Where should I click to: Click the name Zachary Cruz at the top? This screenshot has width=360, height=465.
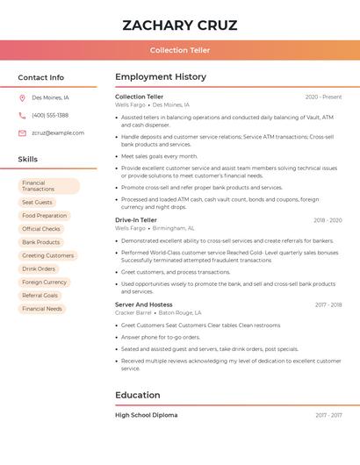pos(180,25)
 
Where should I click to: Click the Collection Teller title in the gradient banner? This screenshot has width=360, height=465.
pos(180,50)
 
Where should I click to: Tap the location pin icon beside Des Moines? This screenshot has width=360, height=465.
pos(22,97)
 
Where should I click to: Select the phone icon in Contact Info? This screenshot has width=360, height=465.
pos(22,115)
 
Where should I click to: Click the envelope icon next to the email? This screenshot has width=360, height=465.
pos(22,132)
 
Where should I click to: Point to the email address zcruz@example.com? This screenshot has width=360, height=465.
pos(58,132)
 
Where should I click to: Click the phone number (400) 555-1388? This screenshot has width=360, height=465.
pos(50,115)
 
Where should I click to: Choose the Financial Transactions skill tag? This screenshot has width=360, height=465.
pos(49,186)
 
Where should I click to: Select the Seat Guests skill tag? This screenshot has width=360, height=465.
pos(38,202)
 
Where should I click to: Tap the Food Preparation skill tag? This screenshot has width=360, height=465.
pos(45,215)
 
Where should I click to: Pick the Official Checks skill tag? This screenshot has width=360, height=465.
pos(41,229)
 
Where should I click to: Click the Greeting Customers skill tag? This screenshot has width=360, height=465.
pos(48,255)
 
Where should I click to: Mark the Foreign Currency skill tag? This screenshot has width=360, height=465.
pos(45,282)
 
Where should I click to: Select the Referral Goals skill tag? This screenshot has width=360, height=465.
pos(40,296)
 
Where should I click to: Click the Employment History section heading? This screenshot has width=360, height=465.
pos(161,77)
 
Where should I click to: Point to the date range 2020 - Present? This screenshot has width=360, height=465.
pos(323,97)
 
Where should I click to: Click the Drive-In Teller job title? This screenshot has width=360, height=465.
pos(136,220)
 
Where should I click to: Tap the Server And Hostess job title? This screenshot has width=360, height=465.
pos(144,304)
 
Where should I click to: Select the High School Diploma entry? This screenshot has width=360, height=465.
pos(146,415)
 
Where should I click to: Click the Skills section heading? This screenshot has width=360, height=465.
pos(28,160)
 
